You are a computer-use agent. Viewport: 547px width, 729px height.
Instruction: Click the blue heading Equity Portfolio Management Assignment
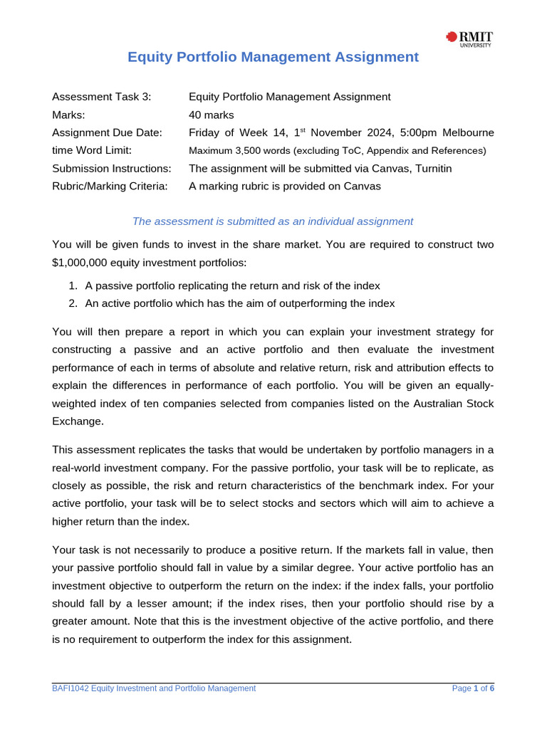[273, 57]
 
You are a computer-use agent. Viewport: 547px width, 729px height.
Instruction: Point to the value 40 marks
[211, 115]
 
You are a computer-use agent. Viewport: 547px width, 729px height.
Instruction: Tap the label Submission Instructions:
[112, 169]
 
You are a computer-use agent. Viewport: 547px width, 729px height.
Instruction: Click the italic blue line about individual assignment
[273, 221]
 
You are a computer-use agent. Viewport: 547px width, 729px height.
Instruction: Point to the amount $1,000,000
[80, 263]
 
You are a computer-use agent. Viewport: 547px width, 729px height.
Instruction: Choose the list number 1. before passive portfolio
[73, 285]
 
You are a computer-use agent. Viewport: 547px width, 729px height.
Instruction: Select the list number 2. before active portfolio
[73, 303]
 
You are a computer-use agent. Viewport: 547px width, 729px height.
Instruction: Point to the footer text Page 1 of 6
[473, 688]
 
